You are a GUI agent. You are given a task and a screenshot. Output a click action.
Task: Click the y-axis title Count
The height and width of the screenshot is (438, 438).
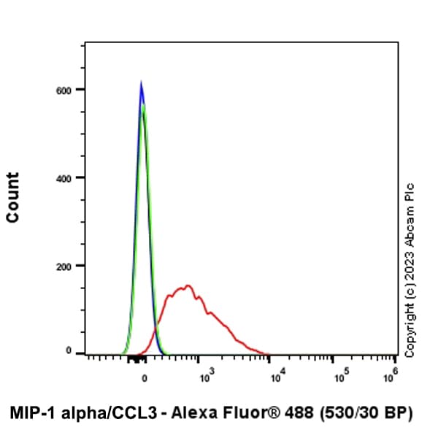click(x=12, y=197)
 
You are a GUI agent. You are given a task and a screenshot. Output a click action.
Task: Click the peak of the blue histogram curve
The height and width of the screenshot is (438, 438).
click(x=141, y=82)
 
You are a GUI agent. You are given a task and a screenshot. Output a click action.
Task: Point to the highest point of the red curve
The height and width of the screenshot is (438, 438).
click(x=188, y=285)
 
